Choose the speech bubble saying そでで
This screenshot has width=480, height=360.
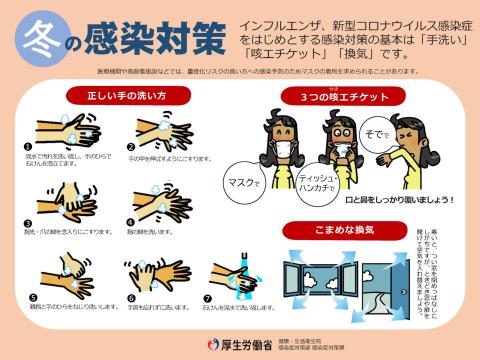click(375, 133)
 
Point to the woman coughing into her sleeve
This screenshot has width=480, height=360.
click(420, 150)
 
